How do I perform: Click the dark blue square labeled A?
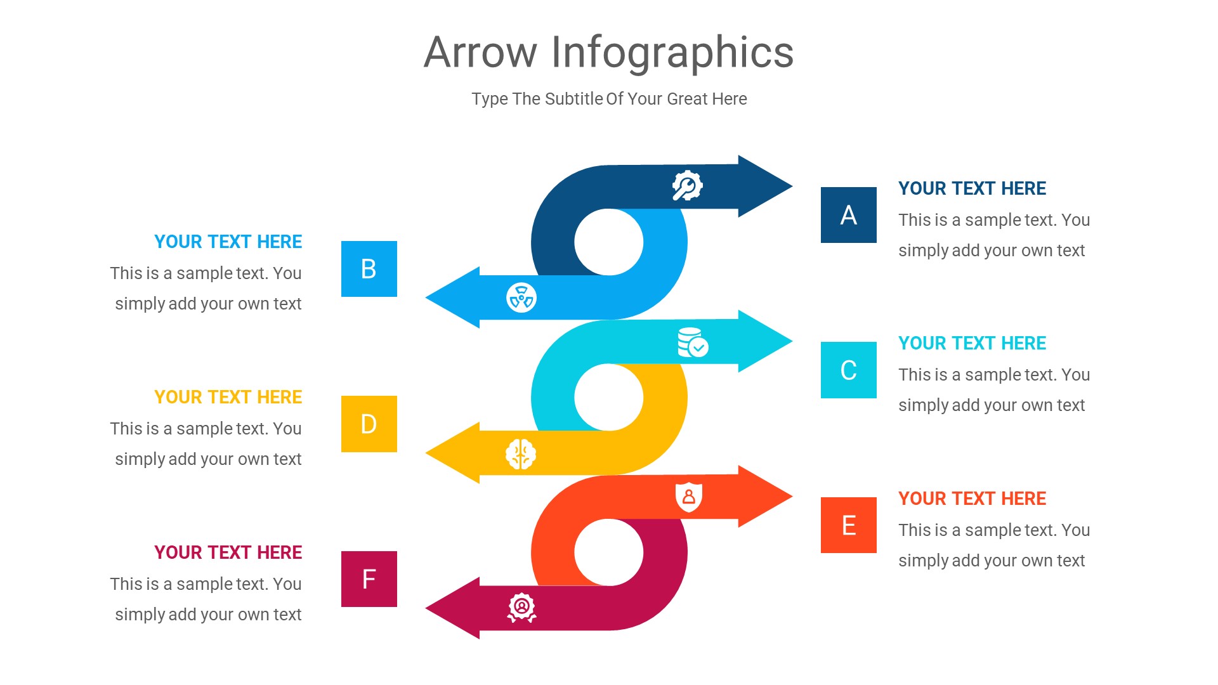(x=848, y=215)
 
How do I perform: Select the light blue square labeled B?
(x=369, y=269)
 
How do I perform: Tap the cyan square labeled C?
(x=848, y=370)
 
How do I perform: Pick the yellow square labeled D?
(x=369, y=424)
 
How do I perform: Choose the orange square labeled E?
(x=848, y=525)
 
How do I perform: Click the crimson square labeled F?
(x=369, y=579)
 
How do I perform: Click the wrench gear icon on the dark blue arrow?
(x=687, y=186)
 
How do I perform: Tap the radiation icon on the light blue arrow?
(x=521, y=297)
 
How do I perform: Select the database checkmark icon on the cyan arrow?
(x=692, y=342)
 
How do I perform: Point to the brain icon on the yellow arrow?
(x=521, y=454)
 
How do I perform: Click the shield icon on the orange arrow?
(x=688, y=497)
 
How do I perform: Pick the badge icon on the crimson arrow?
(x=521, y=608)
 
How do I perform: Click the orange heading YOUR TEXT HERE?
(x=972, y=499)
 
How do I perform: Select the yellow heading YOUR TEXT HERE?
(x=228, y=397)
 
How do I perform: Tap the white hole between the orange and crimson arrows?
(x=609, y=552)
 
